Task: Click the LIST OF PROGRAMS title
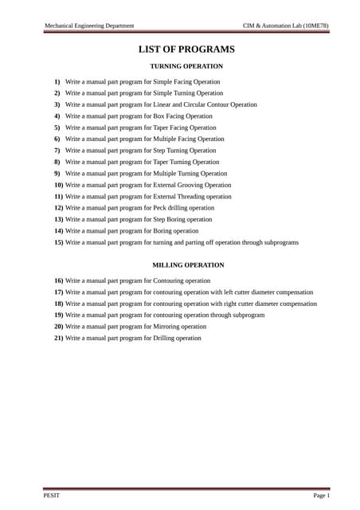(x=186, y=49)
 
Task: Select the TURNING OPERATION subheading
(x=186, y=66)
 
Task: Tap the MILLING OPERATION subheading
(x=188, y=265)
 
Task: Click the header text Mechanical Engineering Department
(x=88, y=25)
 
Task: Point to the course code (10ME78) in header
(x=315, y=25)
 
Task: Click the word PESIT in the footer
(x=51, y=496)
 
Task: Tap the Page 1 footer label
(x=321, y=496)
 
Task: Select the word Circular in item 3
(x=198, y=104)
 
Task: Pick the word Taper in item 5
(x=171, y=127)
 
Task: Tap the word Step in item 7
(x=170, y=150)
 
